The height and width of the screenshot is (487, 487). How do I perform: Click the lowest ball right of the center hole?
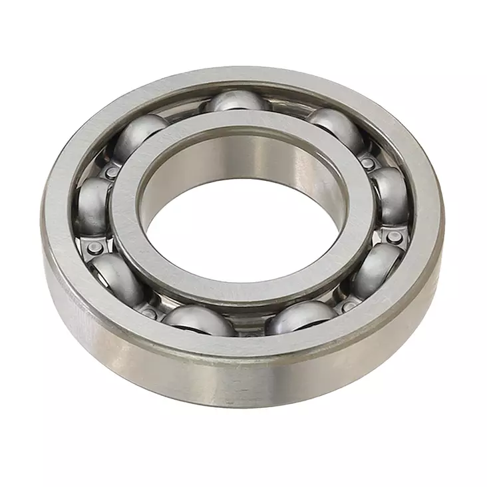[301, 318]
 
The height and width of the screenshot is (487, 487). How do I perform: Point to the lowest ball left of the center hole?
[198, 320]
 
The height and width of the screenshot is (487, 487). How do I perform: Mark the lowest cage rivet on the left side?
[150, 313]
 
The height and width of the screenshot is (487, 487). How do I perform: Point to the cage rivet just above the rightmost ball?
[368, 162]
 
